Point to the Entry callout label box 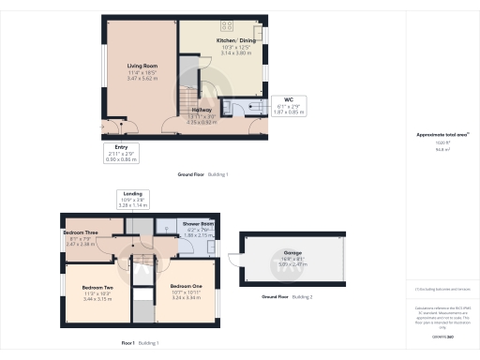point(120,153)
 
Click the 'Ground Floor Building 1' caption point(203,175)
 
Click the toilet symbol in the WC point(253,106)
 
